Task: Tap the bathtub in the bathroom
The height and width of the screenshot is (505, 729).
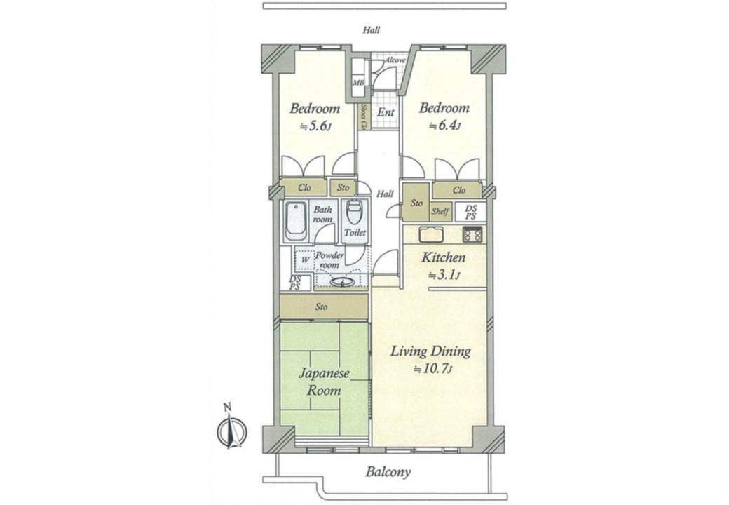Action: [295, 221]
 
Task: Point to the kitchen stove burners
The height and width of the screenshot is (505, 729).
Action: [473, 235]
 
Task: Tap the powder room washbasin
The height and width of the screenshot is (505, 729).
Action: [342, 282]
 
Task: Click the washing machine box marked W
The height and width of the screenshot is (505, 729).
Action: [304, 260]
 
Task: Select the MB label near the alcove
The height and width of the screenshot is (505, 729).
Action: [358, 83]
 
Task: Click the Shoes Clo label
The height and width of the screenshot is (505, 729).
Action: [364, 116]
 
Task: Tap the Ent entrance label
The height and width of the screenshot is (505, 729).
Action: [386, 112]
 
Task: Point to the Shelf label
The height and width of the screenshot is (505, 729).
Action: [440, 212]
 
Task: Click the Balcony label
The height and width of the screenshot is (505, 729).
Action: [388, 473]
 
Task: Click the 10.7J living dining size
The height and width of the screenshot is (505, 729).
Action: [433, 369]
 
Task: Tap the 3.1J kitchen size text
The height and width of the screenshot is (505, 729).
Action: [444, 275]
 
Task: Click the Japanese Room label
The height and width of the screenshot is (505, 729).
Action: [324, 382]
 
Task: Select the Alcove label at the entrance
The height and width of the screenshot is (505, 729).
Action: [395, 60]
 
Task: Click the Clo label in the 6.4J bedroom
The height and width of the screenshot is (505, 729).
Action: [459, 190]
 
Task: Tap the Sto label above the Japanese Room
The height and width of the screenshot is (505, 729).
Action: [321, 307]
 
